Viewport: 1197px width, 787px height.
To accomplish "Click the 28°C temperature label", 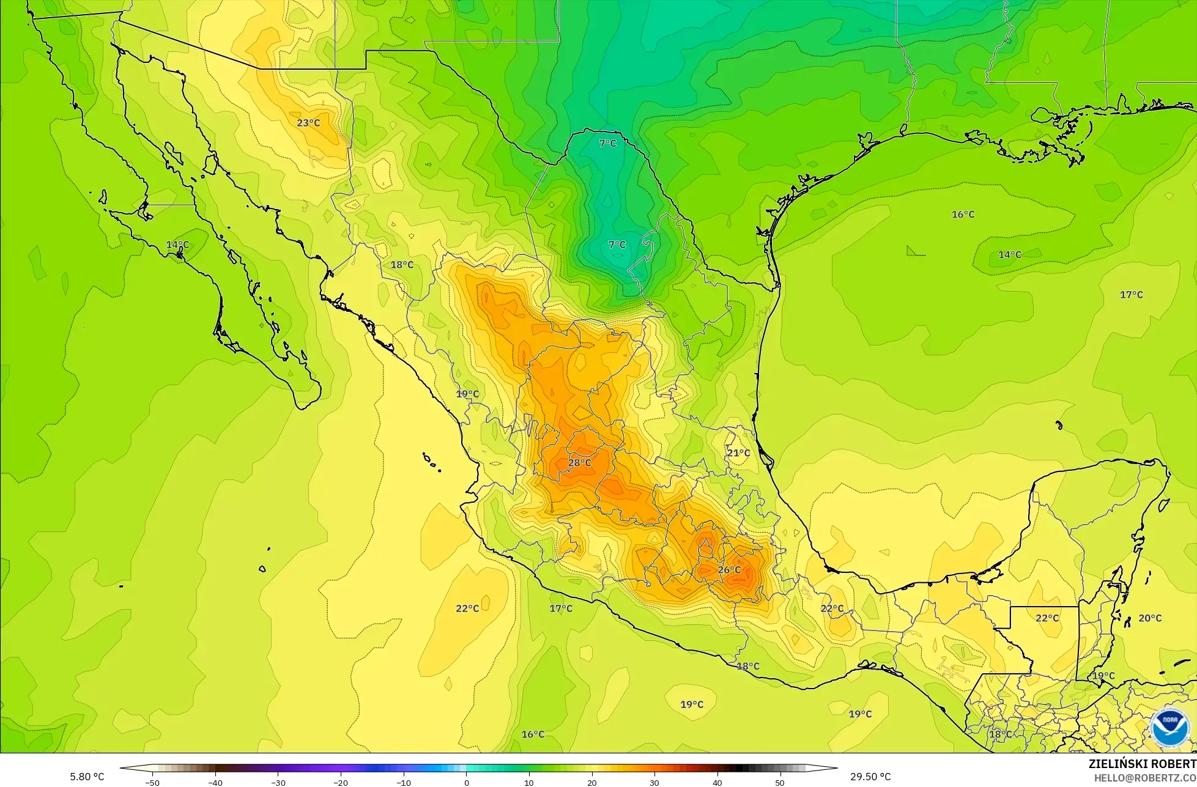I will click(x=579, y=463).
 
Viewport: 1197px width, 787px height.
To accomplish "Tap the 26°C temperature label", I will click(x=728, y=570).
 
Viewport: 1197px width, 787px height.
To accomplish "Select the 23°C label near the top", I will click(x=308, y=123).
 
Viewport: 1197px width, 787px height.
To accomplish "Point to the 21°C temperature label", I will click(x=738, y=453).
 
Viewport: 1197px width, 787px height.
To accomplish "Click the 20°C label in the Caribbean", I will click(x=1149, y=618).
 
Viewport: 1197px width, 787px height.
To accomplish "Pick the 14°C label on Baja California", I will click(x=177, y=245).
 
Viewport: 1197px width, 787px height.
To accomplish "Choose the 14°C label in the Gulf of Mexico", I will click(x=1009, y=254).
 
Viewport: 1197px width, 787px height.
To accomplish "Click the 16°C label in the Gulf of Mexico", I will click(x=963, y=215).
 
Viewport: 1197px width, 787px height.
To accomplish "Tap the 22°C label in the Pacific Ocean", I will click(x=467, y=608).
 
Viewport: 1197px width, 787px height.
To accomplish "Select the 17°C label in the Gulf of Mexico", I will click(x=1131, y=295).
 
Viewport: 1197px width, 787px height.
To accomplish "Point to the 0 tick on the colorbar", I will click(x=466, y=782).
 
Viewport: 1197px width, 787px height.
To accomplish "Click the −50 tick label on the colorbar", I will click(x=152, y=782).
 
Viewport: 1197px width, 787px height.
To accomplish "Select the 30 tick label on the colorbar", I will click(x=654, y=782).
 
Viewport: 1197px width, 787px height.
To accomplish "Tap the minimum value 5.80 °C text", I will click(x=87, y=777).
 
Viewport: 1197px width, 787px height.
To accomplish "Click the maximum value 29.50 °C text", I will click(x=870, y=777).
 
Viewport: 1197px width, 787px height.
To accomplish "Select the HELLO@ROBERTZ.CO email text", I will click(x=1145, y=777).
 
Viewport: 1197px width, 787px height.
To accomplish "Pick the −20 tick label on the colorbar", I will click(x=340, y=782).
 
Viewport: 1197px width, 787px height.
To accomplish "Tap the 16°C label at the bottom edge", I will click(x=533, y=734).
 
